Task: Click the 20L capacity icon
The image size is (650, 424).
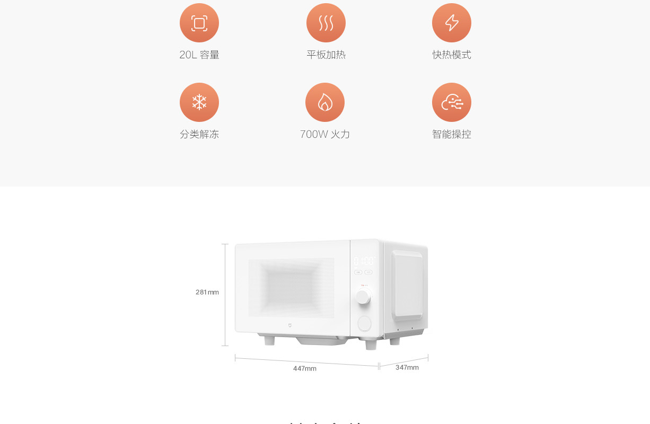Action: [199, 23]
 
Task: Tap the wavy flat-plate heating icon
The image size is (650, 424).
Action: [326, 23]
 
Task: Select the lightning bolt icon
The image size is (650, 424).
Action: [452, 23]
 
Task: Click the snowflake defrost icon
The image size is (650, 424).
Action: [199, 102]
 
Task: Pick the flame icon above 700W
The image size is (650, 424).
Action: [325, 102]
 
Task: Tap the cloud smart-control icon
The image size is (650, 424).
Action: [452, 102]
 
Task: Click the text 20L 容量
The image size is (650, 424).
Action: [199, 55]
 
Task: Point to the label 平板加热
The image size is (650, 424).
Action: [326, 55]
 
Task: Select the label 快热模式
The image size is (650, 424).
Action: [452, 55]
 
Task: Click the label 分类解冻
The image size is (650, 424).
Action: [199, 135]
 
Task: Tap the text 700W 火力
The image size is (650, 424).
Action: [325, 135]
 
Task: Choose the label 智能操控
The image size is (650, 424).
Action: [452, 135]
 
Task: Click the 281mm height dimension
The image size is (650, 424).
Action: [207, 292]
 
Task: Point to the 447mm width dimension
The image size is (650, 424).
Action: [305, 368]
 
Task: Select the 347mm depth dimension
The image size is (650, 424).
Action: [407, 367]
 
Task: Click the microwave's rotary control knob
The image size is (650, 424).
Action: [363, 297]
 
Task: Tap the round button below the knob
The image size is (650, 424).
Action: [364, 323]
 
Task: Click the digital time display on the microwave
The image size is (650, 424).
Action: [364, 261]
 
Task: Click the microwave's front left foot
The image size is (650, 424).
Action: [269, 340]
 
